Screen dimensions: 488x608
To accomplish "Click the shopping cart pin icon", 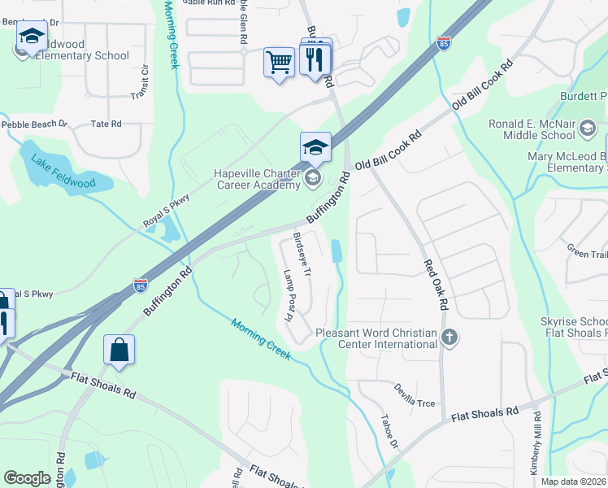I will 279,62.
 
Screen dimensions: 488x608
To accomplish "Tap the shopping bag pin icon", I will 119,350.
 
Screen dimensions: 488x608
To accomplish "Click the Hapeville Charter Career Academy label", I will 257,179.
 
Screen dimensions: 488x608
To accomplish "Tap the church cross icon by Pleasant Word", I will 449,338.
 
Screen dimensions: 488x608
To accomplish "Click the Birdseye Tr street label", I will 302,255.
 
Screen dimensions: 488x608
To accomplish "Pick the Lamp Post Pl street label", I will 286,294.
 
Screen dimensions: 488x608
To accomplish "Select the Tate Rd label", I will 106,124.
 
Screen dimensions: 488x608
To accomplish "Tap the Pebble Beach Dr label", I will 34,124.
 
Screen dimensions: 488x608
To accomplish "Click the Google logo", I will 27,478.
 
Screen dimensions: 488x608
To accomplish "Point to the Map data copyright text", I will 574,481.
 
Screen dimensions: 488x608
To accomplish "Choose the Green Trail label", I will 587,253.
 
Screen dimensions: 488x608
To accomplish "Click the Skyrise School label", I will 574,322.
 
